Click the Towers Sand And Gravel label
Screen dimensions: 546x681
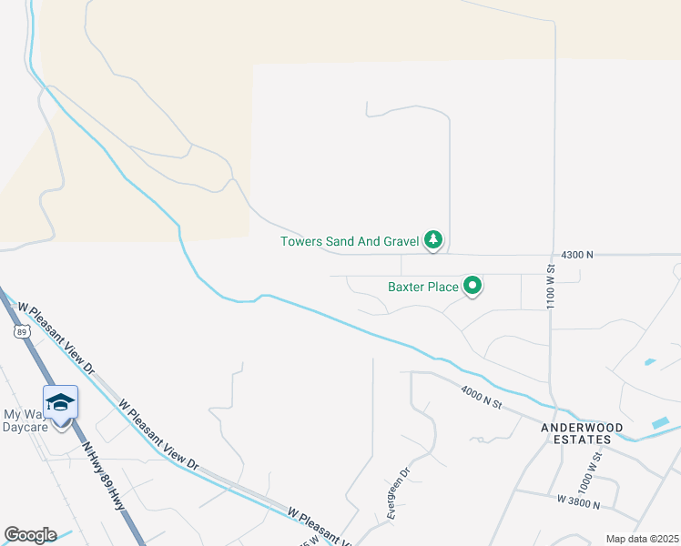point(349,241)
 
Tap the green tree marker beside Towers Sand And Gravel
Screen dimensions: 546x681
point(435,240)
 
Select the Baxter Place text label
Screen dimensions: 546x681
point(422,287)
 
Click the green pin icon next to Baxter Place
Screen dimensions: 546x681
point(473,287)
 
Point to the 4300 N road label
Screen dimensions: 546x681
point(577,256)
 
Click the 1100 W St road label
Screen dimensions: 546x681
point(552,287)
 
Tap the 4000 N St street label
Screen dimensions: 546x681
point(482,397)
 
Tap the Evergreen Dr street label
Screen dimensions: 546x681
point(399,492)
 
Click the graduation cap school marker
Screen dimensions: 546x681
point(60,402)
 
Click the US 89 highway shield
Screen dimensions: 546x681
point(21,333)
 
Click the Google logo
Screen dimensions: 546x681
point(30,534)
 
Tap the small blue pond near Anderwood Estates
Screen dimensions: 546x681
point(661,423)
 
